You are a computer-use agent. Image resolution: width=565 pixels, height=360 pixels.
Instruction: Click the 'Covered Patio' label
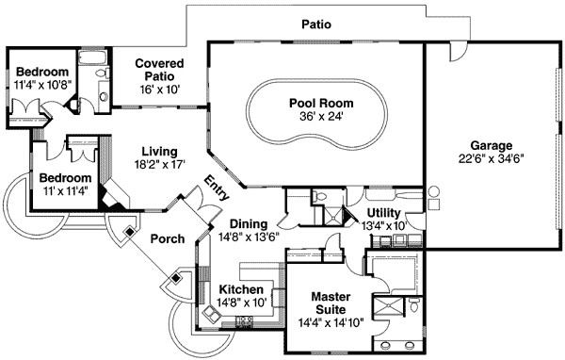(x=158, y=70)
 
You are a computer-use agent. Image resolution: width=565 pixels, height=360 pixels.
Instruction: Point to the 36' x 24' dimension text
(x=315, y=120)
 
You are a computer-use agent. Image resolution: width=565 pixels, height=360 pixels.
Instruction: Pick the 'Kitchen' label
(x=241, y=289)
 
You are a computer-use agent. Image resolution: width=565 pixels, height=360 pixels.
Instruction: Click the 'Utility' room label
(x=383, y=214)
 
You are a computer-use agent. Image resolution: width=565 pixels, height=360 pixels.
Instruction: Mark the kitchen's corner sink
(x=208, y=315)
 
